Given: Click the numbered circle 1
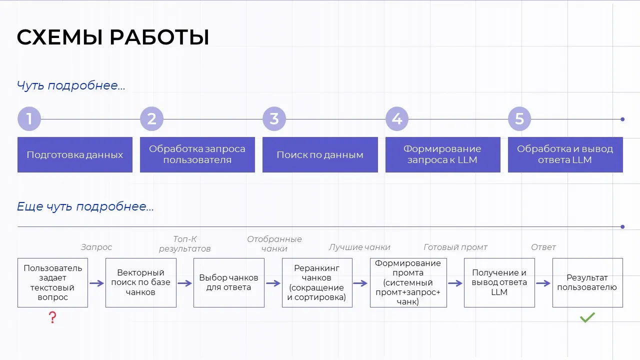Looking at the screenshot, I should (x=29, y=119).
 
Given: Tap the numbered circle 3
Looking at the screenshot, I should (x=274, y=119).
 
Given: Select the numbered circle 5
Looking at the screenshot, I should (x=519, y=119).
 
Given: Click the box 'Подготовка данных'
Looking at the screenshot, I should (x=75, y=154).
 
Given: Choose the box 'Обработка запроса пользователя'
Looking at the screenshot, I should (x=197, y=154).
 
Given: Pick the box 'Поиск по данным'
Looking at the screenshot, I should (x=320, y=154).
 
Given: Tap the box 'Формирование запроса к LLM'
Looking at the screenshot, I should (x=442, y=154).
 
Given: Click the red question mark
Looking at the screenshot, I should (x=52, y=317).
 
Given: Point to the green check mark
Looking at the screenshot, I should (x=587, y=317).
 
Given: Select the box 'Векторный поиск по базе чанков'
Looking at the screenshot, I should (x=140, y=282).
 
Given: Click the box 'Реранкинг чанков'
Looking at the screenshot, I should (x=317, y=282).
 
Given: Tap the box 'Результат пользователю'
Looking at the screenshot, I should (x=587, y=282).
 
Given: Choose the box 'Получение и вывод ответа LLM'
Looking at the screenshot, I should (x=499, y=282).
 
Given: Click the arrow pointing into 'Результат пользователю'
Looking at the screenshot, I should (x=543, y=283).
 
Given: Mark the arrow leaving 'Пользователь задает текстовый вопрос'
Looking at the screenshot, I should (x=96, y=283).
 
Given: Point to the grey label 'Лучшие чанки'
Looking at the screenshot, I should (x=359, y=247).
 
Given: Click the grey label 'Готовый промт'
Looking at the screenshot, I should (x=455, y=247).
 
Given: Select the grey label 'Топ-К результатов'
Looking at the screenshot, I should (x=184, y=243).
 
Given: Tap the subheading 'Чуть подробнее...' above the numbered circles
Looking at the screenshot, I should (x=71, y=85).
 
